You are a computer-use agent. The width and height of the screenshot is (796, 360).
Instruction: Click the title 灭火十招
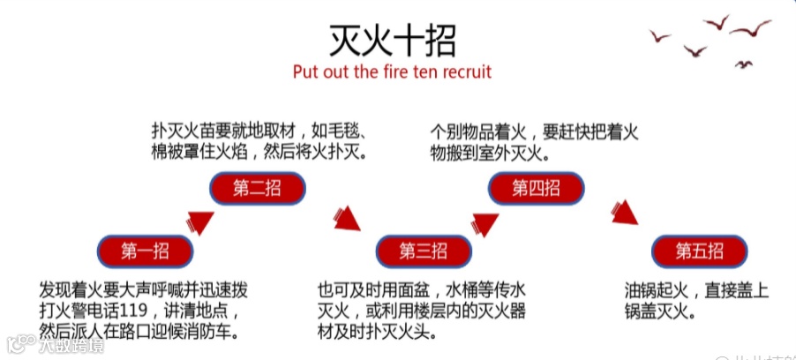(393, 40)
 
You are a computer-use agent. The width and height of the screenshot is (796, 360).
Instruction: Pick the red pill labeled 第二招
(257, 188)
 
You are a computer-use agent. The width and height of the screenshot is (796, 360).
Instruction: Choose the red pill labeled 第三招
(424, 251)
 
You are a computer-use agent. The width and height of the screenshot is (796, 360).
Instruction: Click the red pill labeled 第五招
(700, 251)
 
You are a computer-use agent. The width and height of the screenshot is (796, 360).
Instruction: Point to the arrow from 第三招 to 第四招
(481, 221)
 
